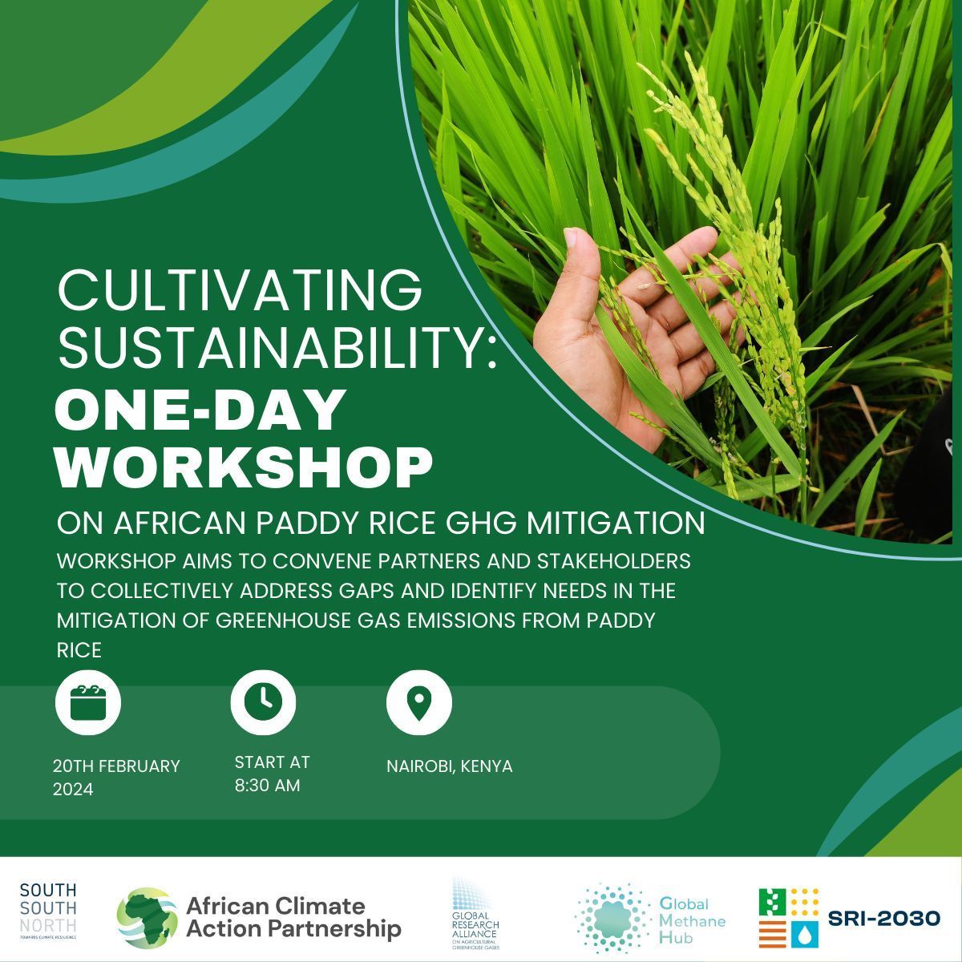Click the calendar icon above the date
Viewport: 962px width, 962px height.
[88, 702]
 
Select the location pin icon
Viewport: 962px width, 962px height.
[418, 701]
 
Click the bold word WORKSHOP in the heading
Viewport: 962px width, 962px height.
[244, 467]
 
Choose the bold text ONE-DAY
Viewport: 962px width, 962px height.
[200, 411]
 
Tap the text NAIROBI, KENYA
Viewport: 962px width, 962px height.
[449, 766]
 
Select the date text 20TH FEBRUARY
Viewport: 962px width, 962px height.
[116, 766]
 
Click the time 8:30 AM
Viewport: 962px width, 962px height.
[267, 786]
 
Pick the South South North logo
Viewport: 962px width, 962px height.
[48, 912]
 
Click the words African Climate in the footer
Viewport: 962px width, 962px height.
[275, 907]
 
